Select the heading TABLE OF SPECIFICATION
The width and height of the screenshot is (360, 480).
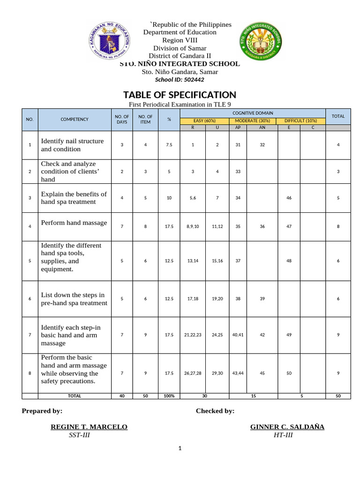tap(180, 95)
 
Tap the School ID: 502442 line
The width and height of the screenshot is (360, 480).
tap(180, 80)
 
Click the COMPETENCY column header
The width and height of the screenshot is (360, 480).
tap(75, 120)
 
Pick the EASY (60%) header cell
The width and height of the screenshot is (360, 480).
tap(204, 120)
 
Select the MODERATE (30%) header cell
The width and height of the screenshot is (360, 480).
tap(253, 120)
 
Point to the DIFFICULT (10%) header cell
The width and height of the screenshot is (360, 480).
tap(300, 120)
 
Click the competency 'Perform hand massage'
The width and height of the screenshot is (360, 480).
tap(74, 223)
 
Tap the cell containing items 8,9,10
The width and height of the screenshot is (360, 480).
tap(193, 226)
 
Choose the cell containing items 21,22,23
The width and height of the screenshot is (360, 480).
tap(193, 335)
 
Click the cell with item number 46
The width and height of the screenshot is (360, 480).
tap(289, 198)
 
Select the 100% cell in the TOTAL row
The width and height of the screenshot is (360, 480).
tap(169, 396)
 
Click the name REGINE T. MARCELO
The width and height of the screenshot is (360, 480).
tap(89, 427)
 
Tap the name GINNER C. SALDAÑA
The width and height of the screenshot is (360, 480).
tap(287, 427)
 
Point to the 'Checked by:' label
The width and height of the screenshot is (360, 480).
tap(215, 411)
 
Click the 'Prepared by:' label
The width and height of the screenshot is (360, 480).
tap(42, 411)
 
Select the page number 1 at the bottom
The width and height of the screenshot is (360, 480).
tap(180, 449)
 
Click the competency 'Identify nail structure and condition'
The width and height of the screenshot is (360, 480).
tap(73, 145)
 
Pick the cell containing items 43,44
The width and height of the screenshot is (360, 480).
tap(238, 373)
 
